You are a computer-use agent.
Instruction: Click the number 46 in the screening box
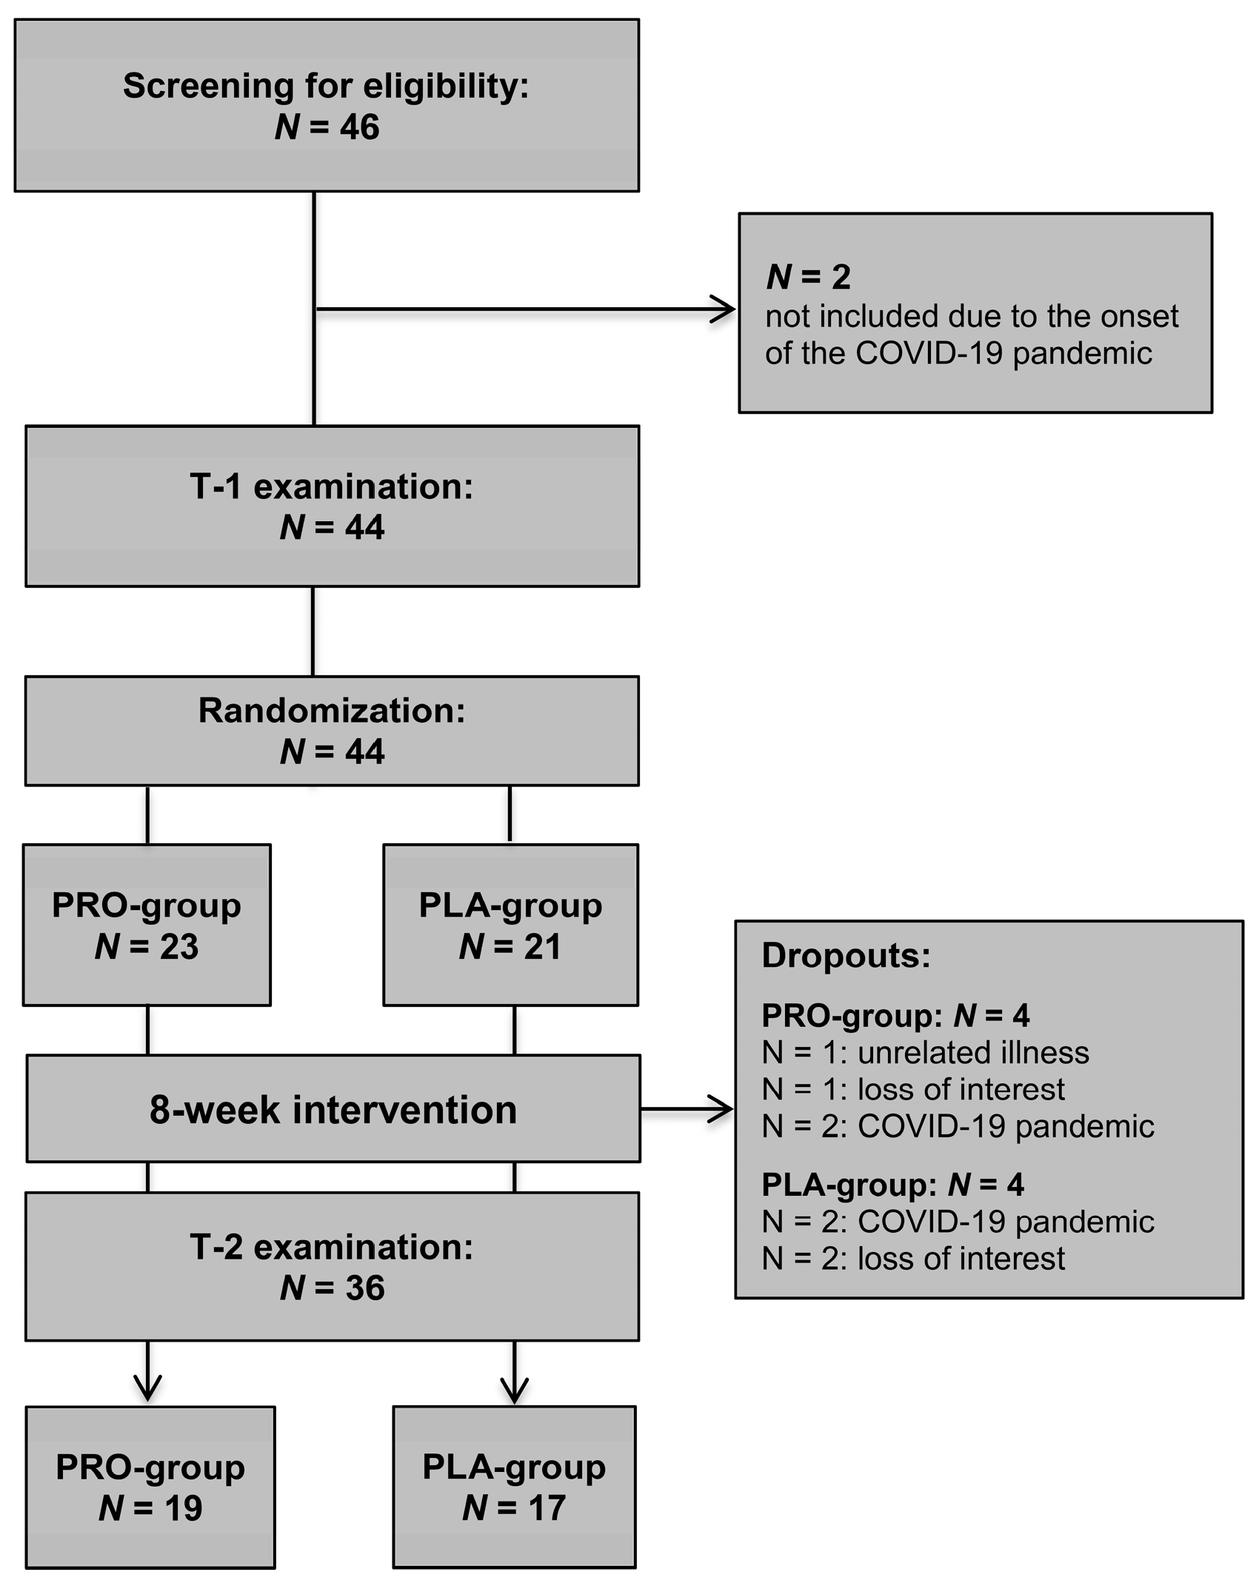point(359,127)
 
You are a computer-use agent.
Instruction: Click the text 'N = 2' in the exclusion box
point(808,277)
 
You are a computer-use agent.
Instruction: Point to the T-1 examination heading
point(331,487)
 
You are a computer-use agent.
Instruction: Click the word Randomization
point(331,711)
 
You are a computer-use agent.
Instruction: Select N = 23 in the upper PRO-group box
point(147,947)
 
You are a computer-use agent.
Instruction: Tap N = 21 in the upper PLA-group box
point(510,947)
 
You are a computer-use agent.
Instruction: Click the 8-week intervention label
point(333,1111)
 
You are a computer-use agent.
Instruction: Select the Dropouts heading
point(845,956)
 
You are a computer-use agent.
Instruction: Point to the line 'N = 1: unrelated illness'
point(925,1053)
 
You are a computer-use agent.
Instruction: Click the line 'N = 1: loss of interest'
point(912,1090)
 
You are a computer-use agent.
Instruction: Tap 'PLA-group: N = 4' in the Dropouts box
point(892,1185)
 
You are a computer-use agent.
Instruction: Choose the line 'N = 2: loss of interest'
point(912,1259)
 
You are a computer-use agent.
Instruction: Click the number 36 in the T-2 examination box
point(364,1288)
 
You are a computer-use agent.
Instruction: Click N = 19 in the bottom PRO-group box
point(150,1508)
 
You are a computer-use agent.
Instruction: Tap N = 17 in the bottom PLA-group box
point(514,1508)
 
